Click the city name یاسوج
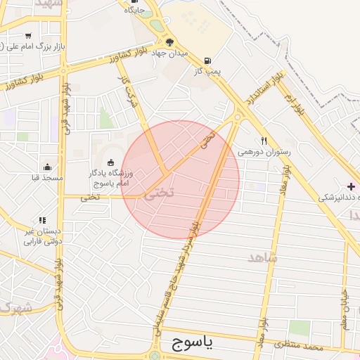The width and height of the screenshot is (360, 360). (x=191, y=343)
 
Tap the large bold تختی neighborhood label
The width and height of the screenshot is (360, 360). (x=159, y=195)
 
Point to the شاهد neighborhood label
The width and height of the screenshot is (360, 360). (x=262, y=257)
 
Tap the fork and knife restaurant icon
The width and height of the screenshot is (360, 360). (x=264, y=140)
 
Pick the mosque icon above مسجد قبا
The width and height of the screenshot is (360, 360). (x=47, y=167)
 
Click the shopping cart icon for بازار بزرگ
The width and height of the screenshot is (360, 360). (x=27, y=35)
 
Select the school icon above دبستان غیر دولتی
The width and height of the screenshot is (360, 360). (x=43, y=220)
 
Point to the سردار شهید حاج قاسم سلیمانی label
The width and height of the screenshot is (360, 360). (x=181, y=267)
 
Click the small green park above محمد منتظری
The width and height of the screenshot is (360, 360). (x=300, y=328)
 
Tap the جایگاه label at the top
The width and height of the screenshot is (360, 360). (x=134, y=10)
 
